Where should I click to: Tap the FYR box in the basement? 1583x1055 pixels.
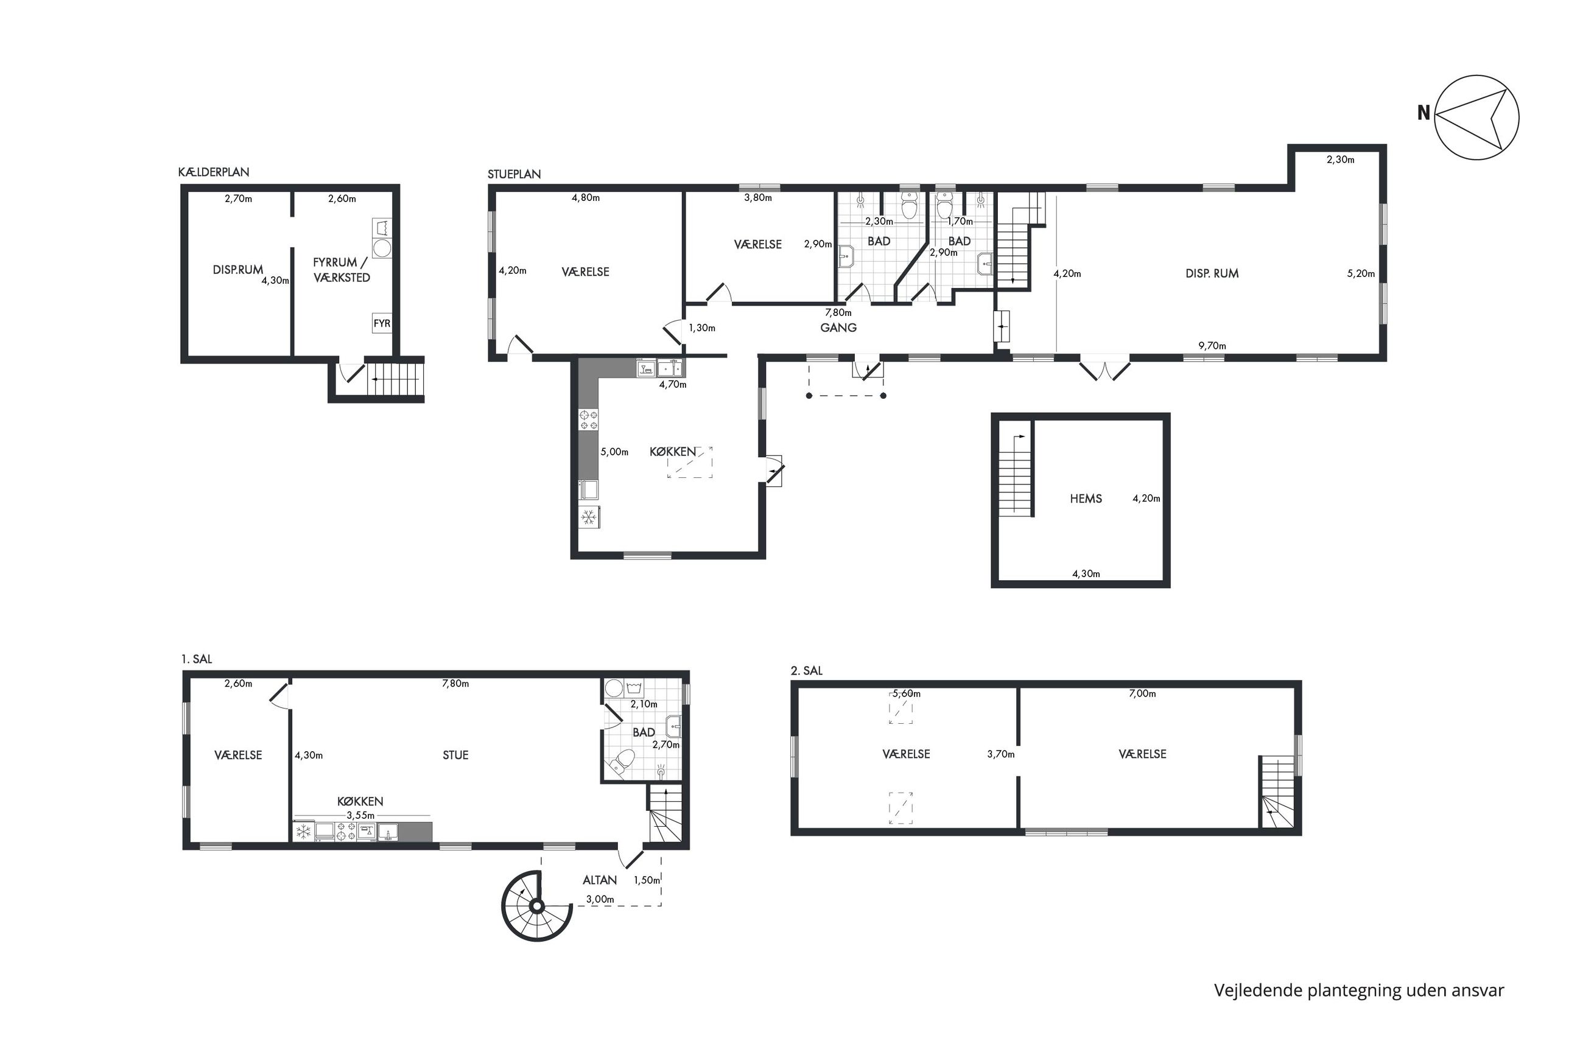382,323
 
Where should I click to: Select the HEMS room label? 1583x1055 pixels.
1085,499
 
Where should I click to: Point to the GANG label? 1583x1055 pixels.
838,328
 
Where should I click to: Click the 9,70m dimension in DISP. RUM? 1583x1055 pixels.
1212,346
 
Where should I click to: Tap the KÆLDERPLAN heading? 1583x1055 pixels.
213,172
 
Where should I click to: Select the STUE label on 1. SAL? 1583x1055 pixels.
455,755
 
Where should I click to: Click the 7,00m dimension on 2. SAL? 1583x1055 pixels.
1142,693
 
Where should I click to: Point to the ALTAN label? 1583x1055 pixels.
600,880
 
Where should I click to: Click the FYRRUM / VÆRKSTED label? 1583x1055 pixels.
342,270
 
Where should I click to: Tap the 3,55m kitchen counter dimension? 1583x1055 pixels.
360,816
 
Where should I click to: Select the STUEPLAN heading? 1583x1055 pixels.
514,174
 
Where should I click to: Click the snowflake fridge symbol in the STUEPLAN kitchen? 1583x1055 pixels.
589,517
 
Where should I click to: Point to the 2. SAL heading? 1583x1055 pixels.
806,671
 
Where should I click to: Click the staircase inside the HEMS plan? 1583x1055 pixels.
1015,475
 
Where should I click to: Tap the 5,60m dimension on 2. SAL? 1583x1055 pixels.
906,693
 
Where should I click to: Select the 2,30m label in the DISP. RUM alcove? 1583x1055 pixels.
1340,159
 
